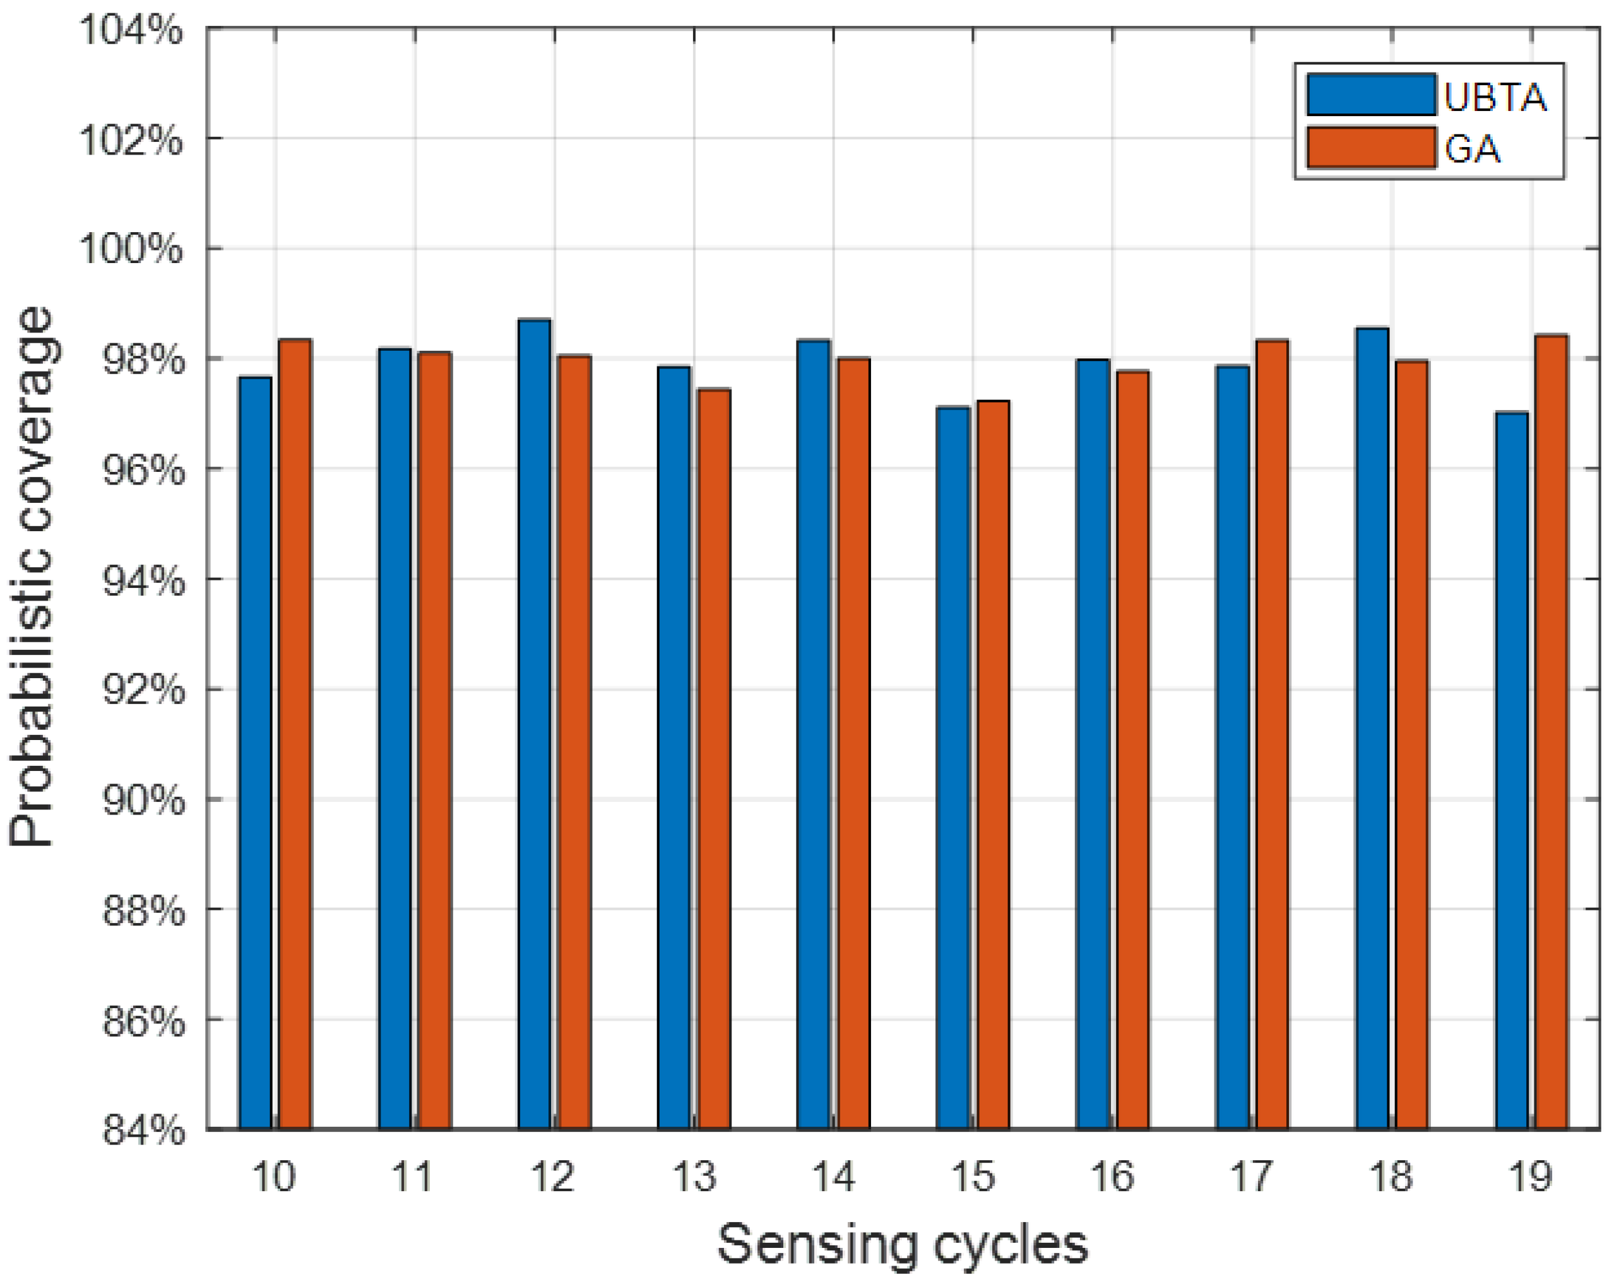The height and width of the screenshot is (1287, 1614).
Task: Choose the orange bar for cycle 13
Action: [x=713, y=759]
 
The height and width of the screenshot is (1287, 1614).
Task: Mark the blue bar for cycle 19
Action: [x=1512, y=771]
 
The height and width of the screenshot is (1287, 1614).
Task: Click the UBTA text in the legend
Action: [x=1494, y=97]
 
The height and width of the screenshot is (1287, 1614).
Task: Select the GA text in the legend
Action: [x=1472, y=149]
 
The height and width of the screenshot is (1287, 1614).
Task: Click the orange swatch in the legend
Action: [x=1371, y=148]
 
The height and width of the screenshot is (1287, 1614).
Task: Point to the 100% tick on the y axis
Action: [x=131, y=249]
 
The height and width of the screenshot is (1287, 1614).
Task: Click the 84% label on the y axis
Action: [x=142, y=1130]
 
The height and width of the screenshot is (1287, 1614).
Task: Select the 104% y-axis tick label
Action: [x=131, y=32]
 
